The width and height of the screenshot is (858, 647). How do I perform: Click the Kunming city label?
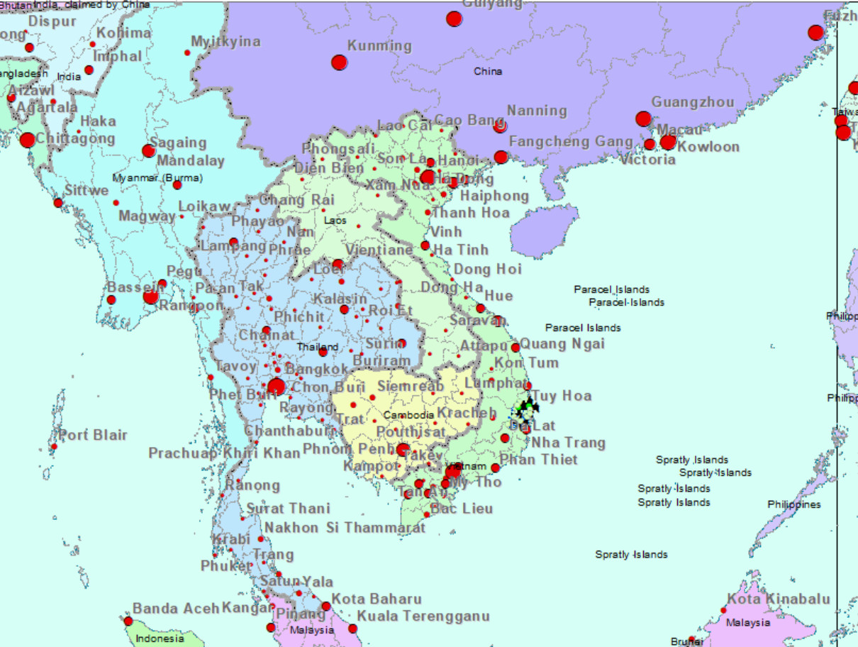click(379, 46)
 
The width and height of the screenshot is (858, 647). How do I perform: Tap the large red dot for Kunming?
click(339, 62)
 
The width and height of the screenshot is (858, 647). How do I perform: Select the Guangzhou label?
click(693, 102)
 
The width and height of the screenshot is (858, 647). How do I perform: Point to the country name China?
click(488, 71)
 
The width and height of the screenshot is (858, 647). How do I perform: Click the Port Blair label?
click(93, 435)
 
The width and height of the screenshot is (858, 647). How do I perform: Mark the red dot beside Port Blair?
click(54, 446)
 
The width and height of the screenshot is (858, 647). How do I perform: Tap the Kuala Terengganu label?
click(423, 616)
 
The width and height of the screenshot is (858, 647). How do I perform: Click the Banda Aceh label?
click(176, 608)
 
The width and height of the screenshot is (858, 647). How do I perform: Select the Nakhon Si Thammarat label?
click(345, 528)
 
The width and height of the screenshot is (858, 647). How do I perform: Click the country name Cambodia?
click(408, 415)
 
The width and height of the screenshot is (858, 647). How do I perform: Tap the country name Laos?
click(335, 221)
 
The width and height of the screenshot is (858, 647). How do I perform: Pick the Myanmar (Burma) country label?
click(157, 177)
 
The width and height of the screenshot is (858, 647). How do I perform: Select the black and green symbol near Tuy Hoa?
click(527, 409)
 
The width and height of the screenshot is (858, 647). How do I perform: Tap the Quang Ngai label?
click(563, 344)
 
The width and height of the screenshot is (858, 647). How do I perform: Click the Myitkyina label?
click(225, 41)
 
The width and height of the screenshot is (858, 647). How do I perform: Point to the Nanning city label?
click(537, 111)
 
